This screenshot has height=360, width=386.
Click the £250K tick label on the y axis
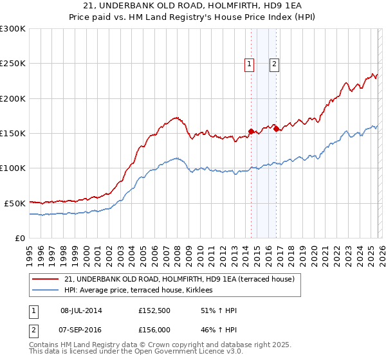click(x=13, y=64)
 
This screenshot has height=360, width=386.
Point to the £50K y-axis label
click(x=15, y=203)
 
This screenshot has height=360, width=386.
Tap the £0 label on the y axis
click(x=20, y=238)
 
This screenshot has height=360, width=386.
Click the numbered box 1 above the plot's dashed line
click(x=249, y=63)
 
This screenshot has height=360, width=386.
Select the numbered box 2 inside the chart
click(x=274, y=63)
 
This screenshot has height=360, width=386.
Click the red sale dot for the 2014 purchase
click(x=251, y=131)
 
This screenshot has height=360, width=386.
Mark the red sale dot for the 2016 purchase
click(x=276, y=129)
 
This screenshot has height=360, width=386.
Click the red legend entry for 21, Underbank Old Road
click(x=179, y=279)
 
